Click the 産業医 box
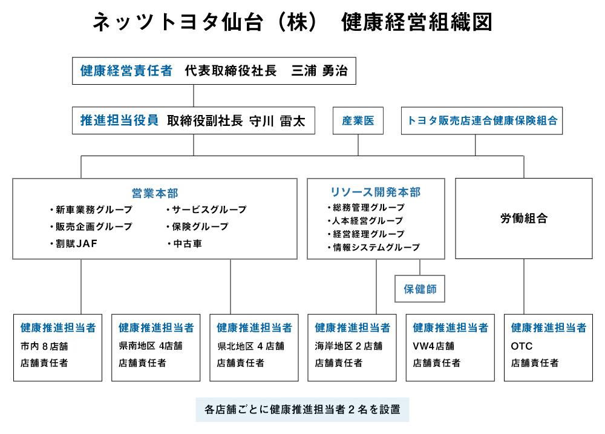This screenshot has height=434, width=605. [358, 120]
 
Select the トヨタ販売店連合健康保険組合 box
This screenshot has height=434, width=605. [483, 120]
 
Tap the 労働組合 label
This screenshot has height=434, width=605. [523, 219]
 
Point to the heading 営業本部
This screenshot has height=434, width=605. [155, 193]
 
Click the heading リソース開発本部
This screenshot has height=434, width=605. [375, 192]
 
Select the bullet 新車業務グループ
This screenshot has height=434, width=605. [91, 210]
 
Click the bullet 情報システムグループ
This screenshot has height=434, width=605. [373, 247]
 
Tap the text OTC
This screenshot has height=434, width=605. [522, 346]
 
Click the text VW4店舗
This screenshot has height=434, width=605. [434, 346]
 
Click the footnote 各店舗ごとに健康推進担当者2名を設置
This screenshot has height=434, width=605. [302, 409]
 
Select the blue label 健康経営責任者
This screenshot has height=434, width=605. [126, 71]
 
